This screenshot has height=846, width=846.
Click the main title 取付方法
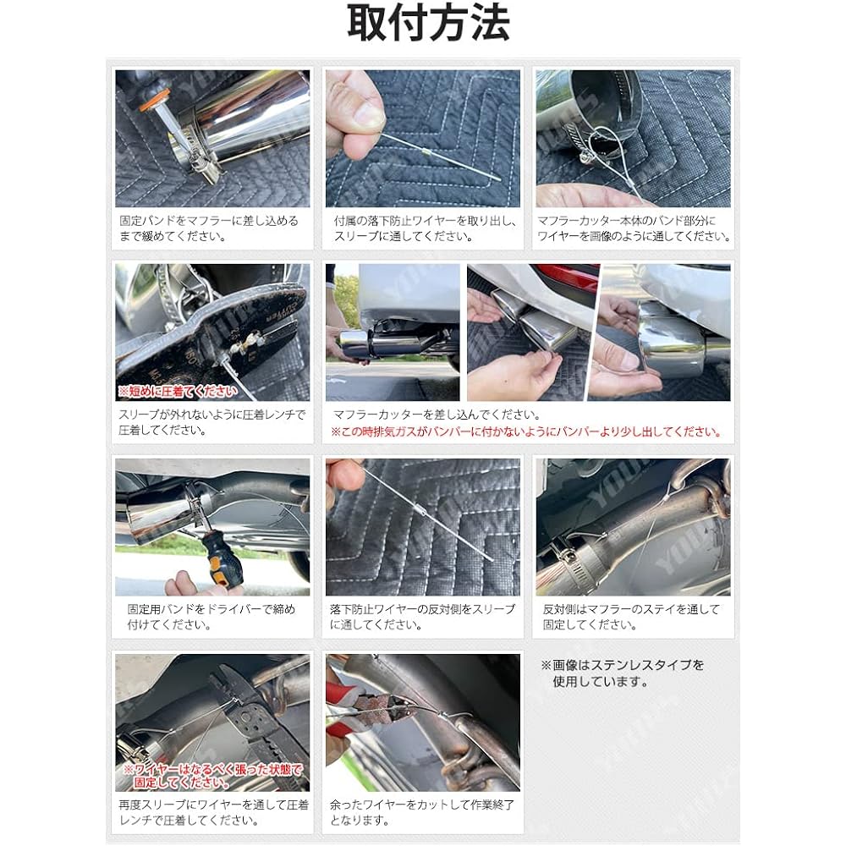(x=428, y=25)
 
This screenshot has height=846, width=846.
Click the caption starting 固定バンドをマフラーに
(x=209, y=228)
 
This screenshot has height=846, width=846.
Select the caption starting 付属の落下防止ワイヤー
(x=423, y=228)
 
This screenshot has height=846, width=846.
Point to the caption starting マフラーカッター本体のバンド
(x=634, y=228)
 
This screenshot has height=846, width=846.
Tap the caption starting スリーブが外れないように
(x=211, y=422)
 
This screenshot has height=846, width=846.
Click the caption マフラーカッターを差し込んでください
(x=437, y=415)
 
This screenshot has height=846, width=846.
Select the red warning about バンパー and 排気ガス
(x=526, y=432)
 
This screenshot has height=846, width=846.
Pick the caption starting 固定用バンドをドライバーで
(x=211, y=617)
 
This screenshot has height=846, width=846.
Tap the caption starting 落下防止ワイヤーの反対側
(x=422, y=617)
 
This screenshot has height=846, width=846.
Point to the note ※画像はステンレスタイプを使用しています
(x=623, y=673)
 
